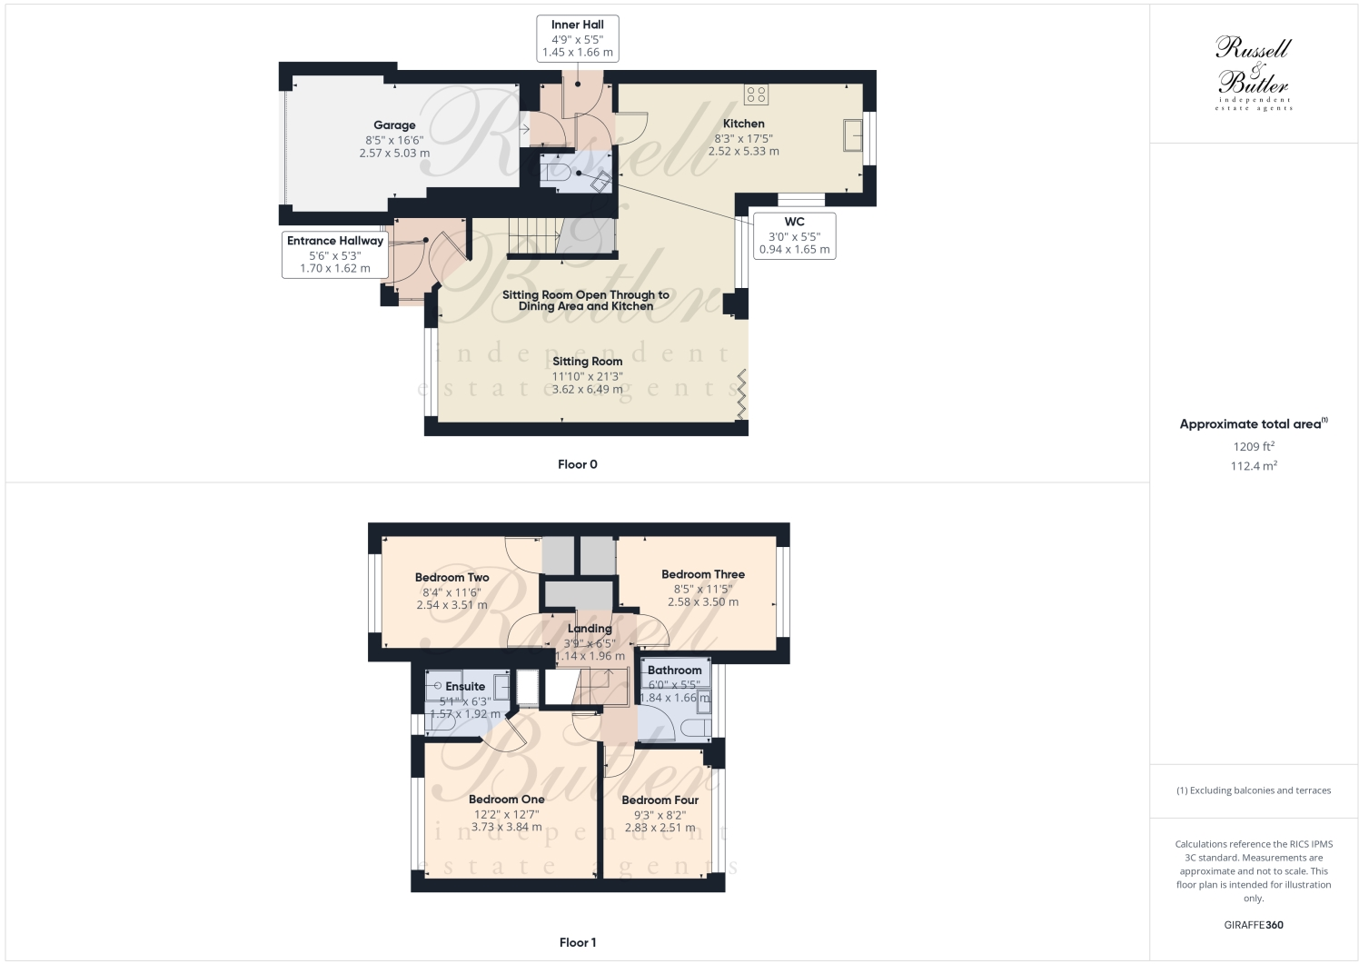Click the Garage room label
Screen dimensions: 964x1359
coord(394,125)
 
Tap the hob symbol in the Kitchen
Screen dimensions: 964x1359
coord(756,94)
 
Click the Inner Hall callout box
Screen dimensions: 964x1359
coord(577,39)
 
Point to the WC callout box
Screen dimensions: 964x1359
coord(794,235)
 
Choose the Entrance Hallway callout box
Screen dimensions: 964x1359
coord(335,254)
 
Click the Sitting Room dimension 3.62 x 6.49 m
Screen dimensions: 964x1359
coord(587,390)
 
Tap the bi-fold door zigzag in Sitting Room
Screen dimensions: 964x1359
coord(742,393)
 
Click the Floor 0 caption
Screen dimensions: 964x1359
coord(577,464)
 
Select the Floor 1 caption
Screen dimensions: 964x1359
coord(577,942)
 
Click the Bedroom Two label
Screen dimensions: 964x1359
coord(451,577)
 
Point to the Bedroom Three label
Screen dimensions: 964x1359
coord(702,574)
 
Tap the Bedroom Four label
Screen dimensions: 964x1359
coord(660,800)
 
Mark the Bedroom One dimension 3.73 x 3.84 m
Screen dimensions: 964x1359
coord(506,827)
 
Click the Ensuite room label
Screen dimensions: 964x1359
coord(465,687)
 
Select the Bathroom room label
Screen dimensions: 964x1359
coord(674,671)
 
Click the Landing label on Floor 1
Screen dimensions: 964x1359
coord(590,628)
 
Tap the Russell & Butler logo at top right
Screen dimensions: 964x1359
coord(1254,73)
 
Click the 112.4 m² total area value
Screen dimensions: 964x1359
coord(1254,466)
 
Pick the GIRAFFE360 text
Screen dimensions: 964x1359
coord(1254,925)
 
